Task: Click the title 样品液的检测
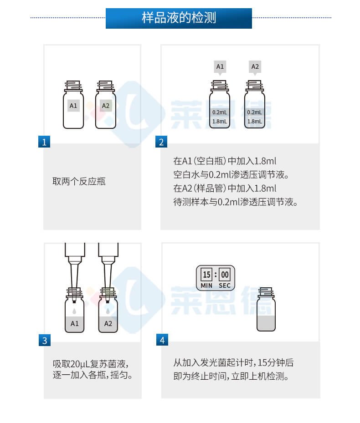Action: click(x=179, y=18)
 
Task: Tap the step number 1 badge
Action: click(x=44, y=142)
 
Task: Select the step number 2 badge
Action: click(x=161, y=142)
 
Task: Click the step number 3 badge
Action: click(x=44, y=340)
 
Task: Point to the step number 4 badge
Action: click(x=161, y=340)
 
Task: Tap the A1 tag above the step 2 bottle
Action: click(x=220, y=66)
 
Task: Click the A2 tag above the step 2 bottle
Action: click(x=255, y=66)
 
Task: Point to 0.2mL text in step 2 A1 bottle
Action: click(x=220, y=112)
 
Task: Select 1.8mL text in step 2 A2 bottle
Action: click(x=255, y=122)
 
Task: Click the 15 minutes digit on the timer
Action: click(x=207, y=275)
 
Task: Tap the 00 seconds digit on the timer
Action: click(x=225, y=275)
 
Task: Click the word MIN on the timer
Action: click(x=207, y=286)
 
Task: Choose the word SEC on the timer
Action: click(x=225, y=286)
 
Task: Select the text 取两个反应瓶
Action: click(x=79, y=181)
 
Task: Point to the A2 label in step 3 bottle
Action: click(x=108, y=324)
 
